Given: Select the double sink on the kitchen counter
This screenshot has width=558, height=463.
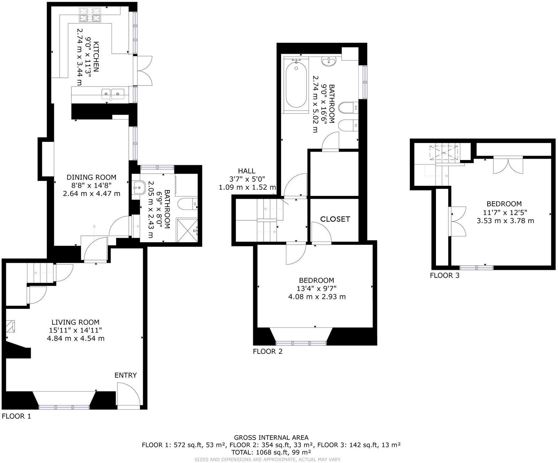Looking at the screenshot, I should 113,93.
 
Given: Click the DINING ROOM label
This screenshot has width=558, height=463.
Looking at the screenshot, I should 91,177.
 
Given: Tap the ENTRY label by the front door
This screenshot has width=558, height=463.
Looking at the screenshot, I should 126,375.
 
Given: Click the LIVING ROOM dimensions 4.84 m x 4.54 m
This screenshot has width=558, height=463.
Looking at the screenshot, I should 76,338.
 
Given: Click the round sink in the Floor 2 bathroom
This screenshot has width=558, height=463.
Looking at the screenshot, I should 329,62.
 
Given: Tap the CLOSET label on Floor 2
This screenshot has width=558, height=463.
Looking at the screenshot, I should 335,219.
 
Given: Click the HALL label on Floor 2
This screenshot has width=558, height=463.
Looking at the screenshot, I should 247,171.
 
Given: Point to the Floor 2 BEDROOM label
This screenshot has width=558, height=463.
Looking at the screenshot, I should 316,280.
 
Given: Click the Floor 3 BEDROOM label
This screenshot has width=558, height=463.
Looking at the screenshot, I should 504,204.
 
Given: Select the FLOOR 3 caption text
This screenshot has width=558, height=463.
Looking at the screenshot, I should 444,275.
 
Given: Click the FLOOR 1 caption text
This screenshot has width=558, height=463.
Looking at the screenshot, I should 16,416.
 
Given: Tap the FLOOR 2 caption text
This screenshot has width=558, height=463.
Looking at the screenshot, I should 267,351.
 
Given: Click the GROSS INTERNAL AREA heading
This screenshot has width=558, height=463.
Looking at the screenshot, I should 271,437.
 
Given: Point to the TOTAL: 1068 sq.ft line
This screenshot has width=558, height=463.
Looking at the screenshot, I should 271,452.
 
